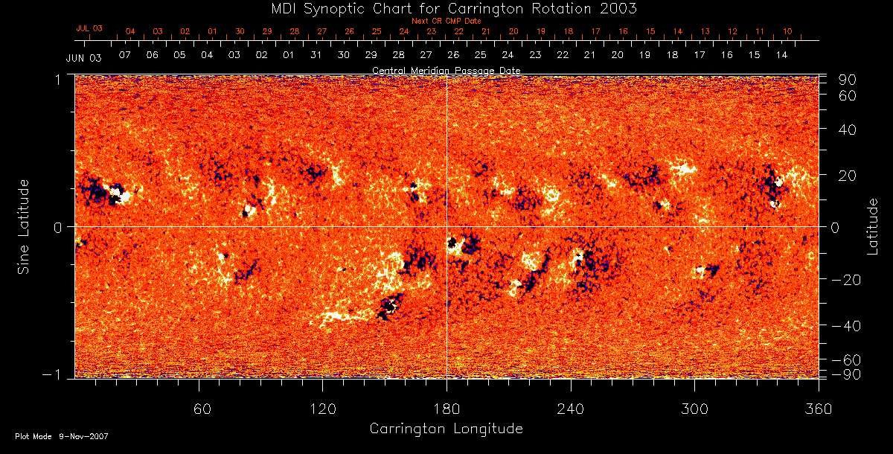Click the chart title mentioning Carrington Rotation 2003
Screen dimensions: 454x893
(446, 8)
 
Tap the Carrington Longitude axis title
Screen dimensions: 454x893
(446, 429)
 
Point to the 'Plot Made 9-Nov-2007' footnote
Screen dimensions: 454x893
(62, 436)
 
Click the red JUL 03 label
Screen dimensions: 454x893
(89, 28)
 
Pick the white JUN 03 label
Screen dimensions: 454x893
(83, 57)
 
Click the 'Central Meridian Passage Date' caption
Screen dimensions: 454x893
(446, 70)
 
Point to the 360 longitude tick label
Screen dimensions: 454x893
(819, 409)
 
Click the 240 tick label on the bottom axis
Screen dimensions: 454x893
(571, 409)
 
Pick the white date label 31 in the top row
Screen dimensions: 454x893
(316, 56)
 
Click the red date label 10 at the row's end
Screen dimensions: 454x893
(787, 32)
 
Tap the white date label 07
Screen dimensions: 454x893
(124, 56)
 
